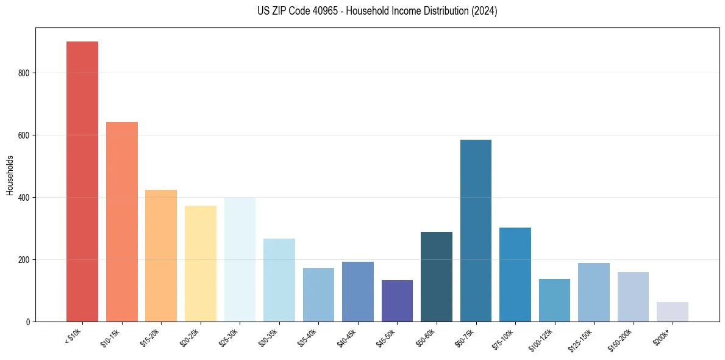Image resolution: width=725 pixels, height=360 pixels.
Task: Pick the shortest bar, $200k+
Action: [672, 312]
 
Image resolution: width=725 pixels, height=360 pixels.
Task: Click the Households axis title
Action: [10, 175]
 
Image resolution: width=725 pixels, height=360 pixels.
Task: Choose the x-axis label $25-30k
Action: [229, 337]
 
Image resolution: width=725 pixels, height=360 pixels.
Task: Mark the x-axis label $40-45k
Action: [346, 337]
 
